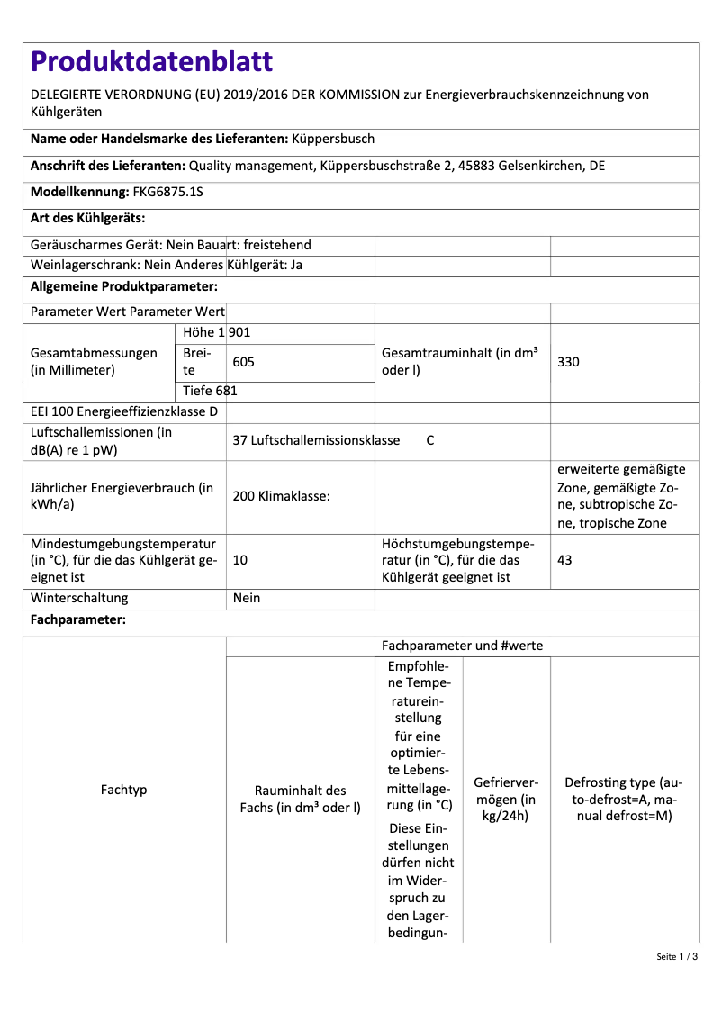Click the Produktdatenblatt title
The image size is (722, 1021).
151,61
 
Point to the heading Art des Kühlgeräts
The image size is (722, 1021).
88,219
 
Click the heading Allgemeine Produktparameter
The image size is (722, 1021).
124,287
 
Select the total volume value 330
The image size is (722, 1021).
569,362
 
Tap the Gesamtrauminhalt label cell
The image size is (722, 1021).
460,362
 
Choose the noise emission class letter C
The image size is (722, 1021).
430,441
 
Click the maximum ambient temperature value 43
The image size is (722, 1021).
564,560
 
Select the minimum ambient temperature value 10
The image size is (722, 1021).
240,560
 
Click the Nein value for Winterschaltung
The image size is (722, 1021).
247,599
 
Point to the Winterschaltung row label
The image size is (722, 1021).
79,599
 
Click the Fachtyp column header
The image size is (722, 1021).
124,790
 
